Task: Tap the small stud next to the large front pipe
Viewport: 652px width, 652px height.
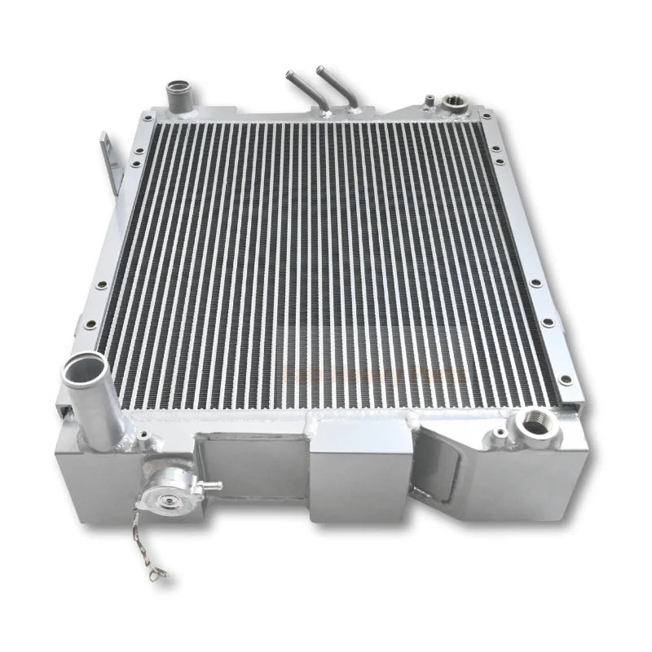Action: point(144,443)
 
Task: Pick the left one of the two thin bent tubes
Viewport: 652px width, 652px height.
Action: point(300,91)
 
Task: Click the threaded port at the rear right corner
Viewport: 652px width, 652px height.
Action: point(450,104)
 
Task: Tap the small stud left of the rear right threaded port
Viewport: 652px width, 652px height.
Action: point(427,101)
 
